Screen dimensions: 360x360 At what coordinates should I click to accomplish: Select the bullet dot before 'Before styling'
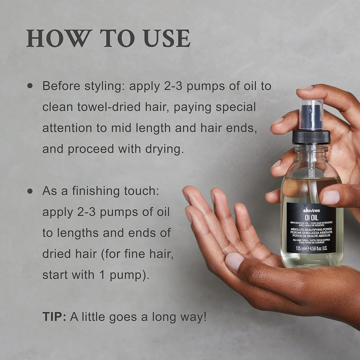(x=30, y=86)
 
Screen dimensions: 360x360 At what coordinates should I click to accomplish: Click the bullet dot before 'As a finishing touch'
(x=30, y=191)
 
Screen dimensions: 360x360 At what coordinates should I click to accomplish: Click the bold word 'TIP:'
(x=54, y=317)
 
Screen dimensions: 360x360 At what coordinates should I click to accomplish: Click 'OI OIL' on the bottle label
(x=311, y=216)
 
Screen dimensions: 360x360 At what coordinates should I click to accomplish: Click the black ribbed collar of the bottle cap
(x=311, y=137)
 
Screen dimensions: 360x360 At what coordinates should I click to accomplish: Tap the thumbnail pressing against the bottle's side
(x=330, y=197)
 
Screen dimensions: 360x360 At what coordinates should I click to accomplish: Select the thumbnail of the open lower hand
(x=235, y=261)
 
